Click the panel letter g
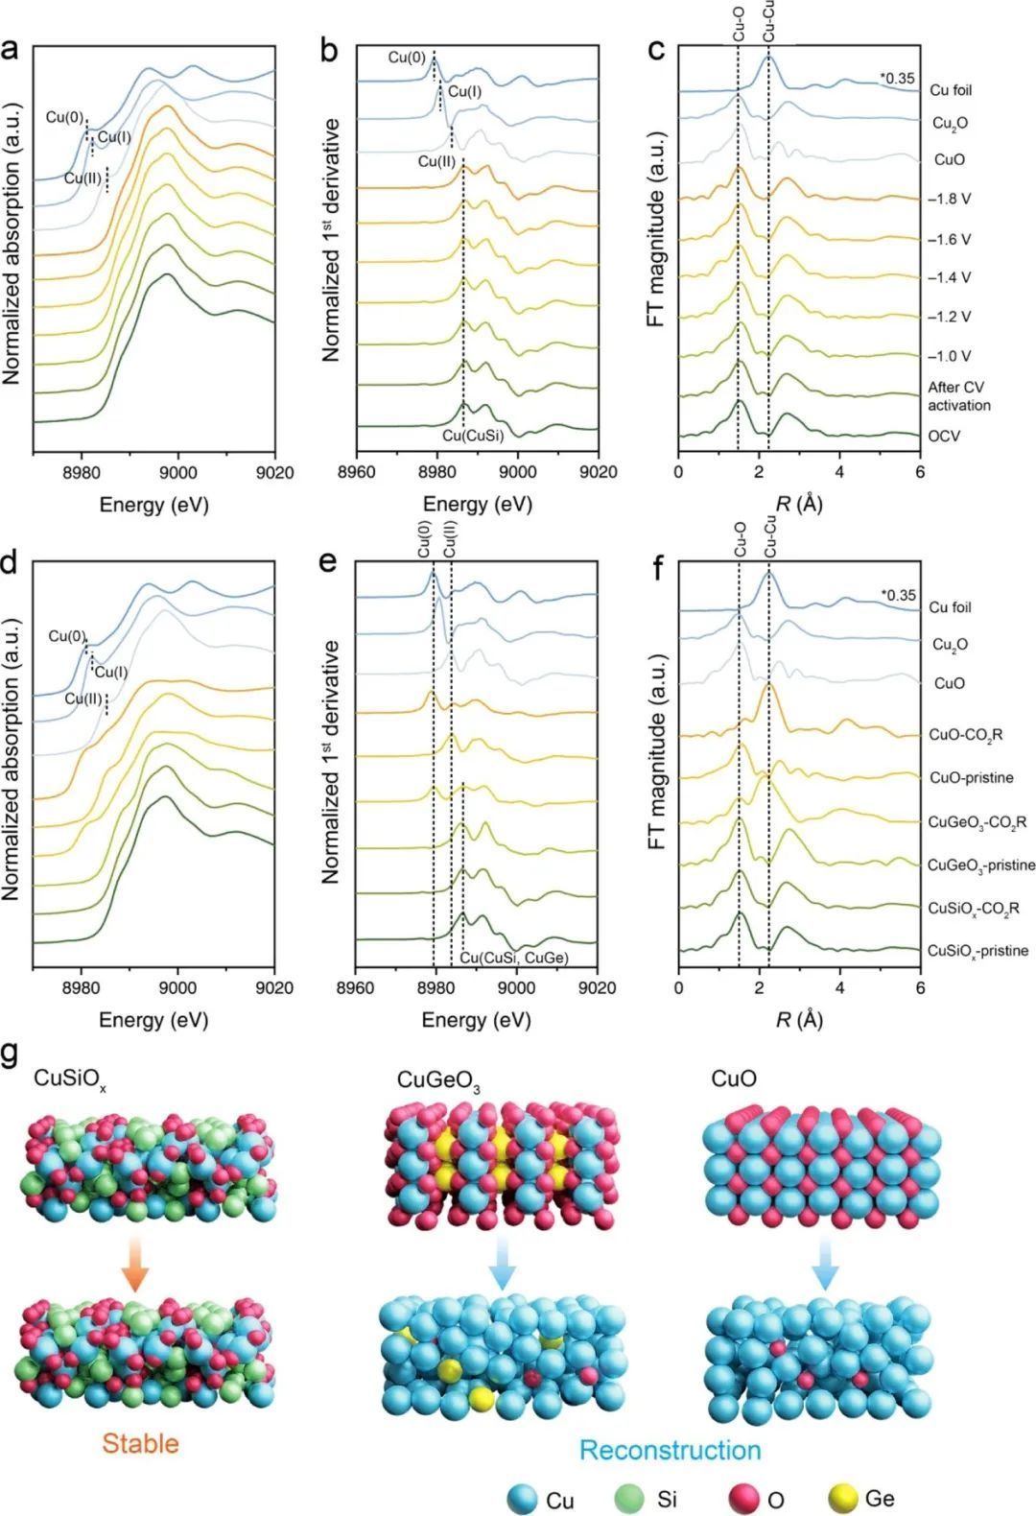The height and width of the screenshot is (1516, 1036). pos(11,1053)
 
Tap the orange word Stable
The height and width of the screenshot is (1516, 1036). pos(140,1443)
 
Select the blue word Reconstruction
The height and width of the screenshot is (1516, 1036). pos(671,1450)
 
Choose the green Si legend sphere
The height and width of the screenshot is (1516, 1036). pos(628,1498)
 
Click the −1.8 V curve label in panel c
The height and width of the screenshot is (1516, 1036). pos(949,200)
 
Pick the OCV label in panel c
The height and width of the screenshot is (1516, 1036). pos(944,436)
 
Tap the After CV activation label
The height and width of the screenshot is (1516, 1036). pos(958,396)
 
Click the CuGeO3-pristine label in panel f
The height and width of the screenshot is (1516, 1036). pos(981,865)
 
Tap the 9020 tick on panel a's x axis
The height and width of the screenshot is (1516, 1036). pos(274,473)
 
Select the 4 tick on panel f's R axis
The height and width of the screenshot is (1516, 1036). pos(840,987)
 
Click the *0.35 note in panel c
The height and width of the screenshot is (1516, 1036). pos(898,79)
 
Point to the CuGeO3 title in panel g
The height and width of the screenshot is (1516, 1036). pos(438,1081)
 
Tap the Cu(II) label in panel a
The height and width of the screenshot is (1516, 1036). pos(81,178)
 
